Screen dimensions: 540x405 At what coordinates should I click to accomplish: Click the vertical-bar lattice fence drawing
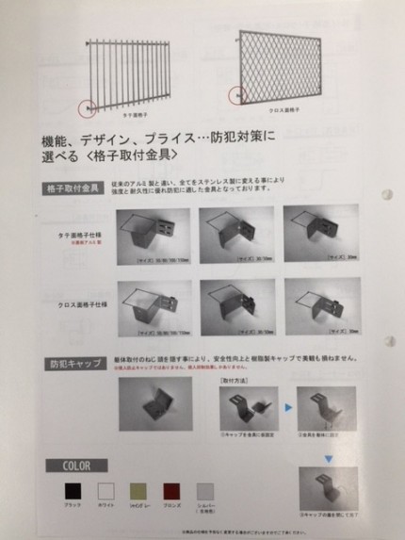[x=128, y=75]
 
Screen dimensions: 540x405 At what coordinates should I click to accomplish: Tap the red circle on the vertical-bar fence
[x=88, y=109]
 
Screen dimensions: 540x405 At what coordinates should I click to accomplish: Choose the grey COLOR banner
[x=78, y=466]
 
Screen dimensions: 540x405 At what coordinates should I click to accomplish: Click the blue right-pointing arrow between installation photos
[x=280, y=402]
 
